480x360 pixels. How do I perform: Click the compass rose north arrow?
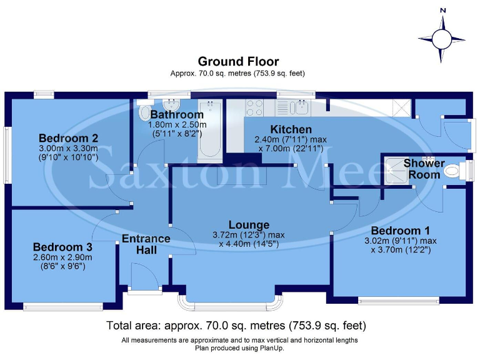pyautogui.click(x=442, y=39)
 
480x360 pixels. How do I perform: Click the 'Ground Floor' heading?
pyautogui.click(x=238, y=61)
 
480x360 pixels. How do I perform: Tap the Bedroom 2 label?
pyautogui.click(x=69, y=138)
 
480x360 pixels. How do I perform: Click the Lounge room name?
pyautogui.click(x=249, y=225)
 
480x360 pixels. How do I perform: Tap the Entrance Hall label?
pyautogui.click(x=146, y=244)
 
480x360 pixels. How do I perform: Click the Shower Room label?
pyautogui.click(x=424, y=169)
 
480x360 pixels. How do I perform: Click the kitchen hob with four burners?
pyautogui.click(x=254, y=107)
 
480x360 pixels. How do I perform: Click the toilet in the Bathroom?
pyautogui.click(x=144, y=113)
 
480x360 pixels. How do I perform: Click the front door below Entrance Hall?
pyautogui.click(x=141, y=276)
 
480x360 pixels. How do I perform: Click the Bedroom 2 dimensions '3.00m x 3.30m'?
pyautogui.click(x=69, y=149)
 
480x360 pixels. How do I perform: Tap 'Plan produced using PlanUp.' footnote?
pyautogui.click(x=239, y=348)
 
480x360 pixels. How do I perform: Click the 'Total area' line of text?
pyautogui.click(x=236, y=326)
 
